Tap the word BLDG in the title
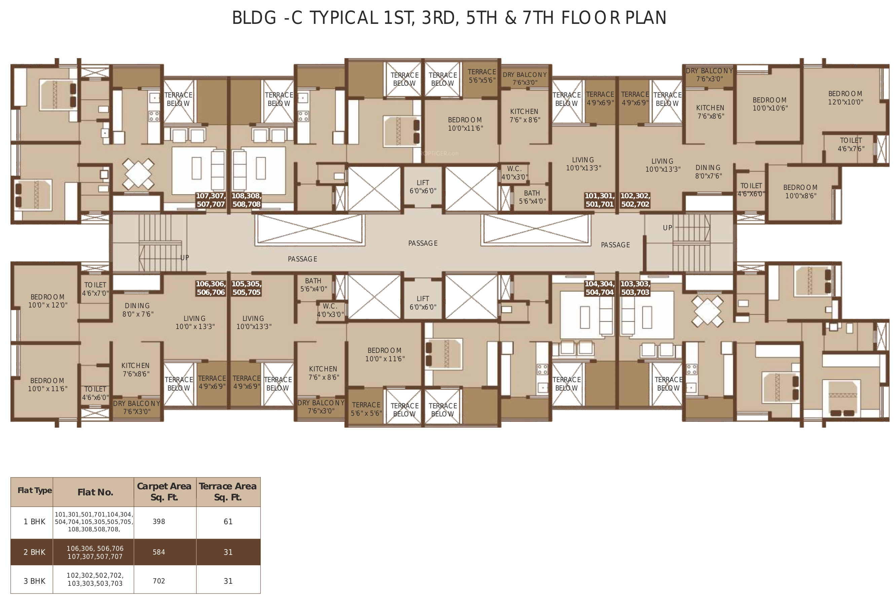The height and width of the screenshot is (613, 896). pyautogui.click(x=254, y=18)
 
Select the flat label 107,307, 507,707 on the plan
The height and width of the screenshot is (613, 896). pyautogui.click(x=211, y=200)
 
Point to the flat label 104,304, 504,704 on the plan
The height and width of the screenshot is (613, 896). pyautogui.click(x=599, y=288)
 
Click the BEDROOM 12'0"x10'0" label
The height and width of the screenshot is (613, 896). pyautogui.click(x=846, y=98)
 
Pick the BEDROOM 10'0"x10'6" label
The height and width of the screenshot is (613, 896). pyautogui.click(x=770, y=104)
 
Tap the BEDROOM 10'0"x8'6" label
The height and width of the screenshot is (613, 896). pyautogui.click(x=800, y=192)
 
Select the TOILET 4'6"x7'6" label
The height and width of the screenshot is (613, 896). pyautogui.click(x=851, y=145)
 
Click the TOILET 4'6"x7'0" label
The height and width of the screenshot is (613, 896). pyautogui.click(x=95, y=289)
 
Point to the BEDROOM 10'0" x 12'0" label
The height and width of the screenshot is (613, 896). pyautogui.click(x=48, y=301)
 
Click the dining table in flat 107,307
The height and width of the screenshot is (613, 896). pyautogui.click(x=138, y=174)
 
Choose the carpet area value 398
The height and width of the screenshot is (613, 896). pyautogui.click(x=159, y=522)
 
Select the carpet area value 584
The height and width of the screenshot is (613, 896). pyautogui.click(x=159, y=552)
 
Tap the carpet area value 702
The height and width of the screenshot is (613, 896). pyautogui.click(x=159, y=581)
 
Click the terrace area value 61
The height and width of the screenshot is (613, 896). pyautogui.click(x=228, y=522)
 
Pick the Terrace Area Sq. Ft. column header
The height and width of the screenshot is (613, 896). pyautogui.click(x=228, y=492)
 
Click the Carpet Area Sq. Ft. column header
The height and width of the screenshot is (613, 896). pyautogui.click(x=164, y=492)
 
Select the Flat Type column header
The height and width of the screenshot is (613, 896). pyautogui.click(x=35, y=490)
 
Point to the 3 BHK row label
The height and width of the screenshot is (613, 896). pyautogui.click(x=34, y=581)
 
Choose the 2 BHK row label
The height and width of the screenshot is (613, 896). pyautogui.click(x=34, y=552)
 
